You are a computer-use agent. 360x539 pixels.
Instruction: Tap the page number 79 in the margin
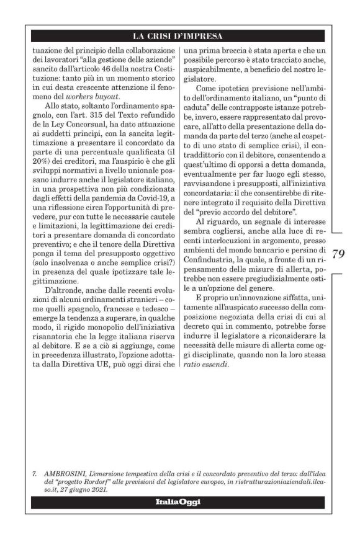pos(339,253)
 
